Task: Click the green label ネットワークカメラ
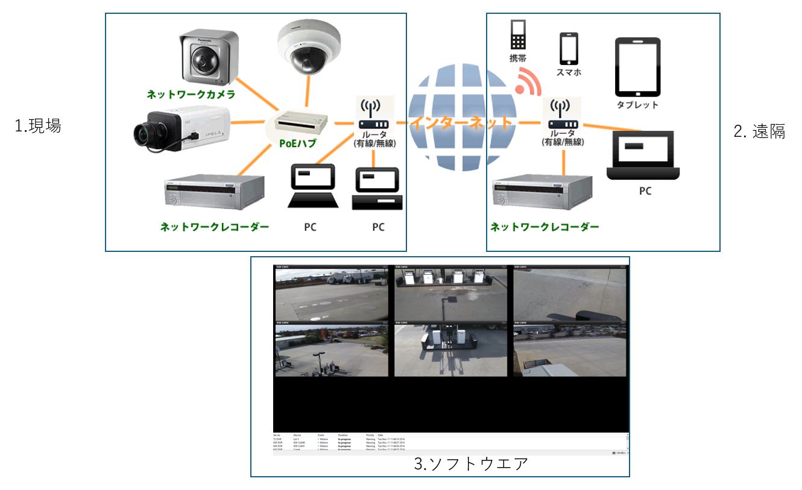[x=191, y=95]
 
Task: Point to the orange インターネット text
[x=461, y=123]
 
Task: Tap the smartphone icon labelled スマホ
[x=569, y=49]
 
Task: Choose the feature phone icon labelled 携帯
[x=518, y=34]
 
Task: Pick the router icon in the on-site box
[x=374, y=115]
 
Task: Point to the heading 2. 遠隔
[x=759, y=132]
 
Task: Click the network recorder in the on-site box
[x=215, y=192]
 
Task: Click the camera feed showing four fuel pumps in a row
[x=450, y=295]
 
